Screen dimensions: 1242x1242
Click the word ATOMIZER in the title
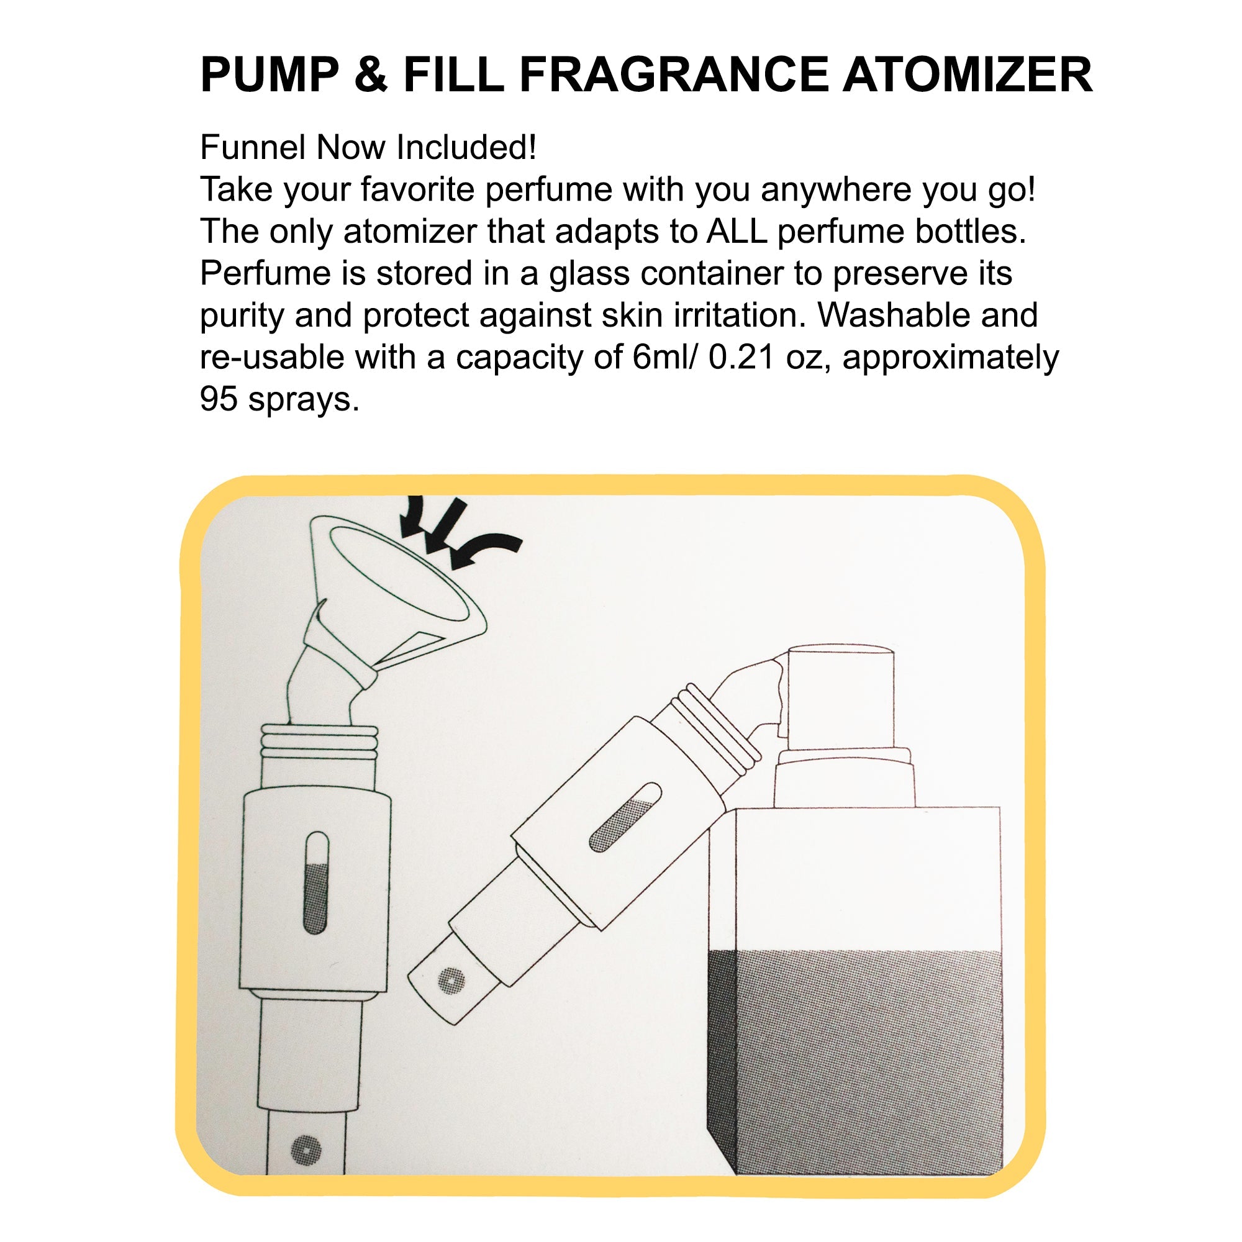(x=968, y=75)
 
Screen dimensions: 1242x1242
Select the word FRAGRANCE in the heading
(x=674, y=75)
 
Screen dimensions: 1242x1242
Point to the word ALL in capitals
(x=737, y=232)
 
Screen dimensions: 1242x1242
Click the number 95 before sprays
(x=219, y=399)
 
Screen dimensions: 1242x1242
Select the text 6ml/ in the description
(x=666, y=358)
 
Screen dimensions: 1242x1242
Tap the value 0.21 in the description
(x=741, y=358)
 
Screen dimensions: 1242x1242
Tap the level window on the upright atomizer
(x=315, y=882)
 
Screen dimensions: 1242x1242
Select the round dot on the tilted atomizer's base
(x=451, y=981)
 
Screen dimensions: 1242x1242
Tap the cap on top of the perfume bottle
(x=840, y=697)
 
